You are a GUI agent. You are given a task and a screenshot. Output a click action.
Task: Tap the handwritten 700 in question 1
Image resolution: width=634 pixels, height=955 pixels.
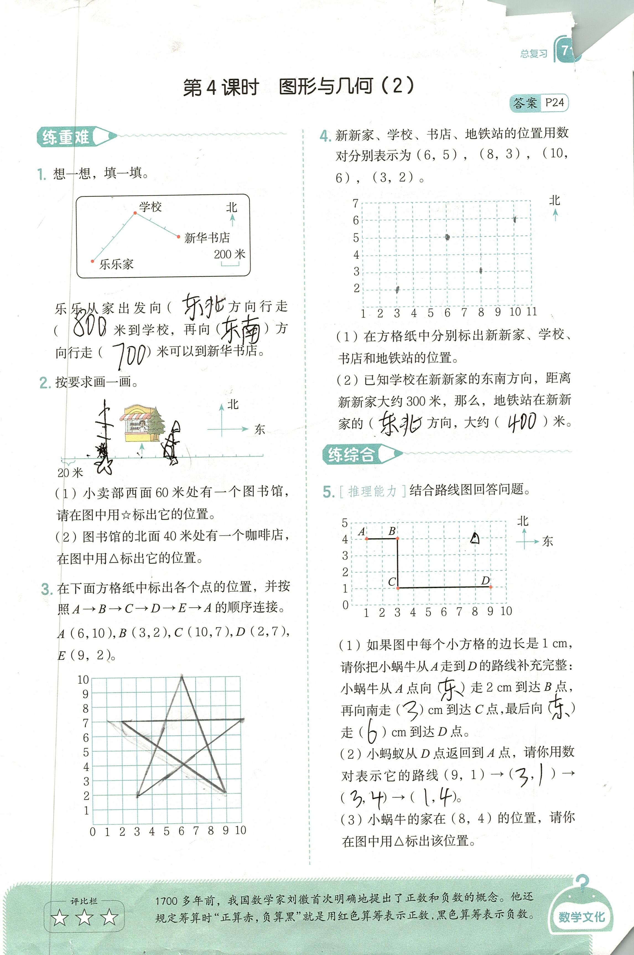pos(129,355)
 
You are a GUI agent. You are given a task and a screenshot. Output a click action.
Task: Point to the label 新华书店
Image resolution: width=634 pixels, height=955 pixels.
pos(207,238)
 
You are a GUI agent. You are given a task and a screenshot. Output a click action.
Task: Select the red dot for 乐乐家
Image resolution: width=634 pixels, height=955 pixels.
pos(93,261)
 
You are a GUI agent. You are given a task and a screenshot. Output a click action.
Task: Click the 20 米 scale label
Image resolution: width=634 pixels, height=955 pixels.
pos(70,472)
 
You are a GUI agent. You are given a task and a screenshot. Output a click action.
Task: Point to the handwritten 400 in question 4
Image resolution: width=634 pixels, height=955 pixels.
pos(522,422)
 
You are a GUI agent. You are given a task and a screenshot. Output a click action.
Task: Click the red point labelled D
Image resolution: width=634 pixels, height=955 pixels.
pos(490,587)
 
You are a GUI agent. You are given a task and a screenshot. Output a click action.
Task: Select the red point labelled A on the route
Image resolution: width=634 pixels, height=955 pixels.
pos(366,539)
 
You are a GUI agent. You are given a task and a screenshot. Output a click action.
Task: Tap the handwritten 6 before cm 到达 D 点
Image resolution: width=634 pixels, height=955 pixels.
pos(372,732)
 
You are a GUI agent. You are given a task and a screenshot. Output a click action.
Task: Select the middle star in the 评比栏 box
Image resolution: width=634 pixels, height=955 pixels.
pos(84,918)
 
